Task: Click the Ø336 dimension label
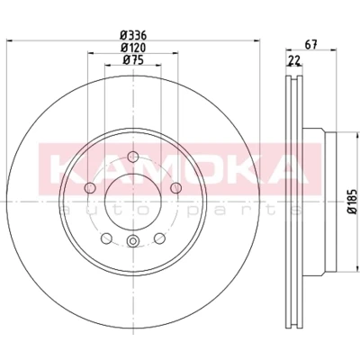click(x=133, y=36)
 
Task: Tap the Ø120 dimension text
click(x=133, y=48)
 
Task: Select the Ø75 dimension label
click(x=133, y=60)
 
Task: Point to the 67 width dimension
click(x=310, y=45)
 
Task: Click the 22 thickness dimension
click(x=294, y=60)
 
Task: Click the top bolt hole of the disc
click(x=132, y=157)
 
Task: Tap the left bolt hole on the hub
click(x=90, y=188)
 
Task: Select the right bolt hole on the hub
click(x=175, y=188)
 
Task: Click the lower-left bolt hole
click(x=106, y=238)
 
